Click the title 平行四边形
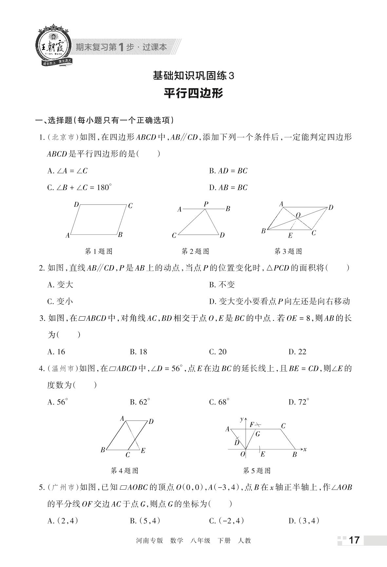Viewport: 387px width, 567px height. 193,93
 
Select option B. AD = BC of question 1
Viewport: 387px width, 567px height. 228,171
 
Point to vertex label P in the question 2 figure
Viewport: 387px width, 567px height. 206,204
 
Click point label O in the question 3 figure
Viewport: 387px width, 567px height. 298,215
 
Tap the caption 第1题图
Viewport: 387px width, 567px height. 99,251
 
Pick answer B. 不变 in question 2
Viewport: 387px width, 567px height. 222,284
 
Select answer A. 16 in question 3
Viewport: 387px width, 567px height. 56,352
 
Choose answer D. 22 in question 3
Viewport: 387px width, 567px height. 297,352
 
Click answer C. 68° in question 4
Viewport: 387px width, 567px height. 219,402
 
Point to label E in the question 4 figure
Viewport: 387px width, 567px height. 143,451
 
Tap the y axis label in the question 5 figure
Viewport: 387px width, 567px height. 242,419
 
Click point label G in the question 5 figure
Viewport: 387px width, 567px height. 258,434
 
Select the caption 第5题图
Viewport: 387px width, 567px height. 257,471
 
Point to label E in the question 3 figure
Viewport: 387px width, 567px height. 290,235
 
